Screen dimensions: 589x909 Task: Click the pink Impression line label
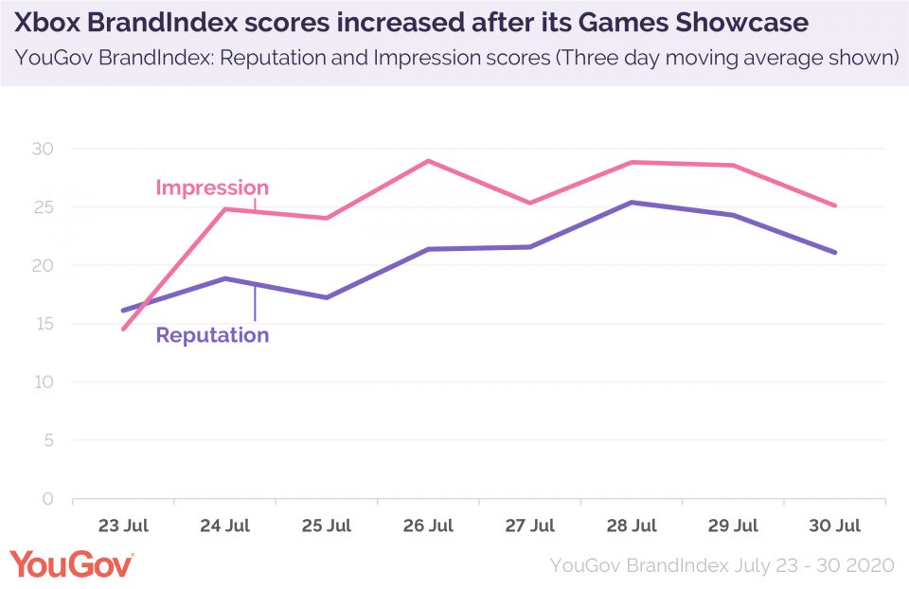[x=212, y=187]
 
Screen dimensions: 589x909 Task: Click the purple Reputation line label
[x=212, y=334]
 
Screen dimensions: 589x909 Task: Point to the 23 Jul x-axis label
[x=123, y=526]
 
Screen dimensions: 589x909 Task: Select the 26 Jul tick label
[x=428, y=526]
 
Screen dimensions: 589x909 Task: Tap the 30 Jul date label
[x=835, y=526]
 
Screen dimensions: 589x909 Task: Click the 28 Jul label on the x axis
[x=632, y=526]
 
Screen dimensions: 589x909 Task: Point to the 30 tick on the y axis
[x=43, y=149]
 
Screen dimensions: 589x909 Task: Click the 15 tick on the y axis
[x=43, y=324]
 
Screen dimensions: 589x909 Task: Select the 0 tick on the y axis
[x=47, y=499]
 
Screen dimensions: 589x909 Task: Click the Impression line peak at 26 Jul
[x=428, y=161]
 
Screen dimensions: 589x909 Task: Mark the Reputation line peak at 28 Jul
[x=632, y=203]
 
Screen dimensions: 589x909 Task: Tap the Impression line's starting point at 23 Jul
[x=123, y=329]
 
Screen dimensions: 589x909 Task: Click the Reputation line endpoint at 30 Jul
[x=835, y=252]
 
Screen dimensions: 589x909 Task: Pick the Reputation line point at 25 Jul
[x=327, y=297]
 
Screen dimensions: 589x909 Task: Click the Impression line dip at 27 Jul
[x=530, y=203]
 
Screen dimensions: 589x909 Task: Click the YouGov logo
[x=71, y=564]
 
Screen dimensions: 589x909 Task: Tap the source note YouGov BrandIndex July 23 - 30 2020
[x=722, y=565]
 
